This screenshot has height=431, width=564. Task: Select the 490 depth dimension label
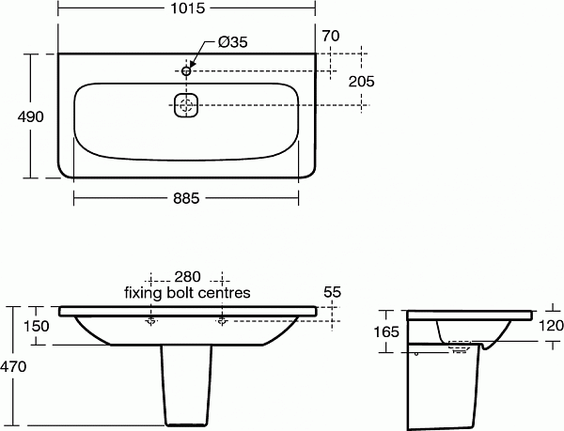pos(15,115)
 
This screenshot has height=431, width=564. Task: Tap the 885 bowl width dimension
pos(188,198)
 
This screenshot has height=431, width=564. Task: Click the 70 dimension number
pos(329,37)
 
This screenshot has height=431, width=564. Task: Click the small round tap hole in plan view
pos(186,70)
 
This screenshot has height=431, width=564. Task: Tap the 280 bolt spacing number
pos(187,277)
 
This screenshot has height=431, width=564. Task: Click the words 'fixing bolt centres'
pos(187,292)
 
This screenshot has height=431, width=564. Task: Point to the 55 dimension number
pos(331,292)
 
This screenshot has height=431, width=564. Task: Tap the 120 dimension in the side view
pos(551,326)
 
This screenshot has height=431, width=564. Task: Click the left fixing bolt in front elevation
pos(150,320)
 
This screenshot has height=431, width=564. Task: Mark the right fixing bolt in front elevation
pos(222,320)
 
